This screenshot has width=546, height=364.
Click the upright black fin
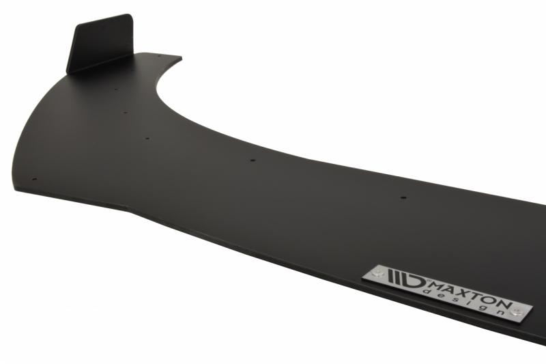101,44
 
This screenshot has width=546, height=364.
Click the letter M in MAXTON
439,285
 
